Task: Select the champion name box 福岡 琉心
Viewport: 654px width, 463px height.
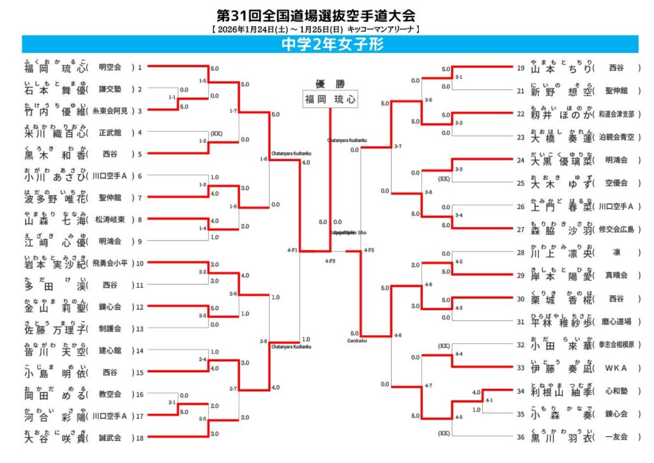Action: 330,99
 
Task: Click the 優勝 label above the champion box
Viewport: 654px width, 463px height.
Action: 330,83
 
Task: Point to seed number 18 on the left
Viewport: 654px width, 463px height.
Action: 139,438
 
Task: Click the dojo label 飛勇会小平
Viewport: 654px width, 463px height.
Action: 110,263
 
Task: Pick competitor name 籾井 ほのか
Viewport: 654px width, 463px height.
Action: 561,114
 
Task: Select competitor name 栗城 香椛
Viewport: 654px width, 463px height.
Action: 561,299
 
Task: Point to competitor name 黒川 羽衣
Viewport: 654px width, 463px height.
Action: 561,437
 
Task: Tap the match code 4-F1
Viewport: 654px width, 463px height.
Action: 293,250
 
